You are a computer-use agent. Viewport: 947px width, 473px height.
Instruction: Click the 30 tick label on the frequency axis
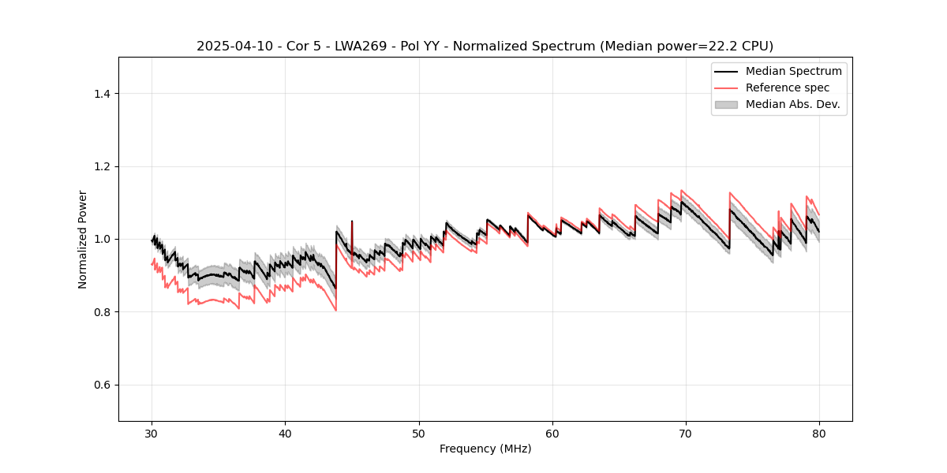pos(152,434)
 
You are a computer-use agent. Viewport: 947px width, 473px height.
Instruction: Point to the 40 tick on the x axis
pos(285,434)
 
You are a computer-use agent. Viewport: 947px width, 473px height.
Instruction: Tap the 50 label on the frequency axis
pos(419,434)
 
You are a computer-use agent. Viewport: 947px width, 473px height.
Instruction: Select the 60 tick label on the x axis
pos(552,434)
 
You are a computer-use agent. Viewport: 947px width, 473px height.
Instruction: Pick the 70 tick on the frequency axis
pos(686,434)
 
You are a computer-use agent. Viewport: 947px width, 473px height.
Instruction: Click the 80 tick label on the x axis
pos(819,434)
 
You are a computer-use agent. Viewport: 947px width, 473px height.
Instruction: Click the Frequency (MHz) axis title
pos(485,449)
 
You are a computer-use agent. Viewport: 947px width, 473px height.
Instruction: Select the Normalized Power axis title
pos(83,239)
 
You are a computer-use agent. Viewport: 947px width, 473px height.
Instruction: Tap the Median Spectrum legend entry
pos(793,71)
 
